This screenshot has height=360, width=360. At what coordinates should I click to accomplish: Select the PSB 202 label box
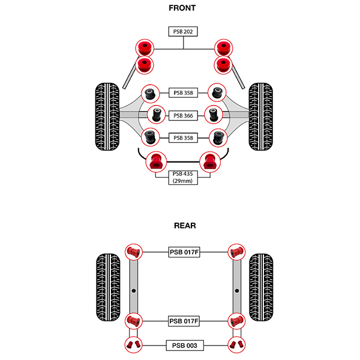click(183, 32)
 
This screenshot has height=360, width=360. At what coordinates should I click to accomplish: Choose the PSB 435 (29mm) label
click(183, 177)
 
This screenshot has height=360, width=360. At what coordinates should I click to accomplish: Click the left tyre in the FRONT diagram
click(107, 118)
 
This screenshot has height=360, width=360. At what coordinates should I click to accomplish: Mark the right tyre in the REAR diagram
click(262, 288)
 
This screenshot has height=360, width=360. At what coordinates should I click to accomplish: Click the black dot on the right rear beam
click(238, 290)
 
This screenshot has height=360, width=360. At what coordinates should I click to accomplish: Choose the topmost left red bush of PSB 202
click(144, 47)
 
